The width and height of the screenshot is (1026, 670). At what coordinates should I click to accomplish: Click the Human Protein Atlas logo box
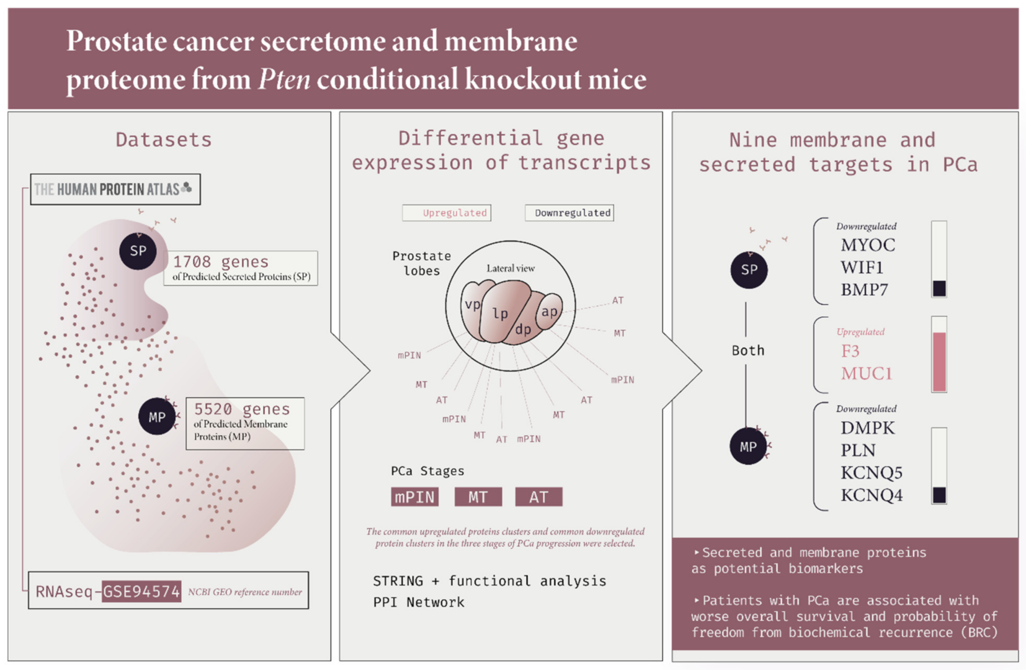115,189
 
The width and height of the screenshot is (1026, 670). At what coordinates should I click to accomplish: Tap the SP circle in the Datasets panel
138,251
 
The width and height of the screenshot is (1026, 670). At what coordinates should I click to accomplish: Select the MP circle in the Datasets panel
157,416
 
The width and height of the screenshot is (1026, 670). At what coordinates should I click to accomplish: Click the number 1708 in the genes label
192,261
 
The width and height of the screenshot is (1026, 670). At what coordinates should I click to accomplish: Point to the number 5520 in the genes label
213,409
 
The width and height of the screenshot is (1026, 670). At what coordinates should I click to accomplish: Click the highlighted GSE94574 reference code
141,591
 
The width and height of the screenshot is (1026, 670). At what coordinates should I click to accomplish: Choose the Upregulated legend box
447,213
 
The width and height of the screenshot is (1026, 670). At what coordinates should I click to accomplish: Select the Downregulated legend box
569,213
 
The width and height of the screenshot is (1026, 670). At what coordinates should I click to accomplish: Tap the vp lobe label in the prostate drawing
472,305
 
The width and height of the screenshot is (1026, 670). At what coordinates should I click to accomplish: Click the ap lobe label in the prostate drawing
549,312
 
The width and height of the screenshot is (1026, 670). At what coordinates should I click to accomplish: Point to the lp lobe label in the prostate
500,314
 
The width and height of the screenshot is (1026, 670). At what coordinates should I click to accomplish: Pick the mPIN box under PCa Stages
415,497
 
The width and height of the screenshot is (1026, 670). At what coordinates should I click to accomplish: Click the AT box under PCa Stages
539,497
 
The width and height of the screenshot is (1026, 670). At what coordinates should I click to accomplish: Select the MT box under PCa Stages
478,497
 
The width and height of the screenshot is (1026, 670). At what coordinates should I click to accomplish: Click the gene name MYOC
868,245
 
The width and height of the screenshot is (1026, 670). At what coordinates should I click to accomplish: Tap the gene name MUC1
866,373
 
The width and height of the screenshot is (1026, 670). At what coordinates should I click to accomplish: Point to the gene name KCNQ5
871,473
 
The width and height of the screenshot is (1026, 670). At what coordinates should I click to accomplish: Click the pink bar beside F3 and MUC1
939,362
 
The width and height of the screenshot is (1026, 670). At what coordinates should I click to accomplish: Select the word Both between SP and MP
748,350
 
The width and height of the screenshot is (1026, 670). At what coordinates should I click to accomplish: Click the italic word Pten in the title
284,79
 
